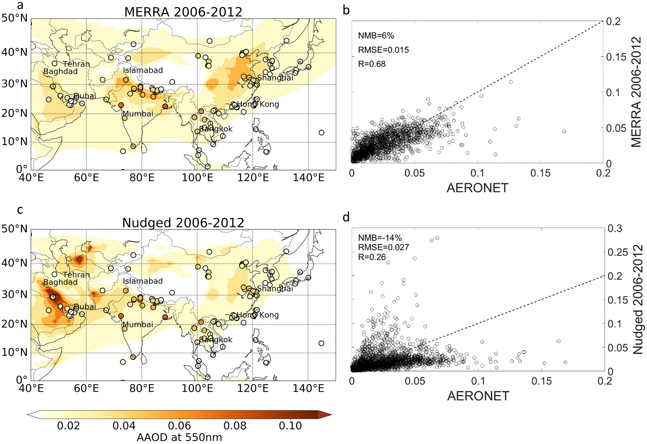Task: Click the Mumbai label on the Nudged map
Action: [138, 325]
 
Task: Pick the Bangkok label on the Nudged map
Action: [216, 340]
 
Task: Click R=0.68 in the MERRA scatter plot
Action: [372, 64]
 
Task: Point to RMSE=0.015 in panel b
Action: [383, 50]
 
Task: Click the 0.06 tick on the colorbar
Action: [179, 426]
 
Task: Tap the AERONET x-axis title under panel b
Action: [477, 188]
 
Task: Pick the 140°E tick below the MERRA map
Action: [308, 178]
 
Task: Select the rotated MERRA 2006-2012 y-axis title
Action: [636, 92]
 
